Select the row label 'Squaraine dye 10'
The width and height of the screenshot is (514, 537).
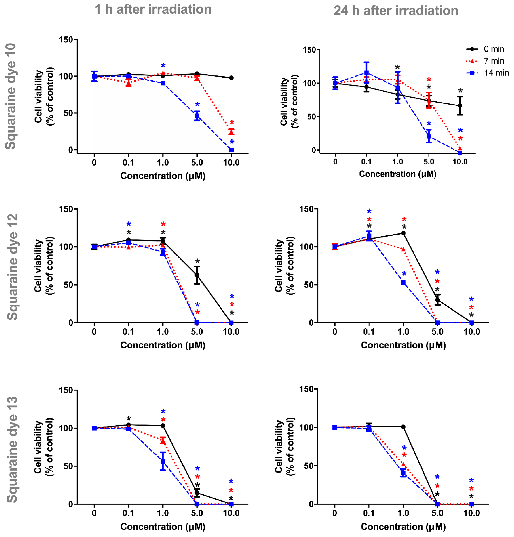[x=11, y=96]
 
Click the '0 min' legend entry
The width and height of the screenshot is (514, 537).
[x=485, y=49]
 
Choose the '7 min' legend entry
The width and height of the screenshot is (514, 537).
[x=485, y=61]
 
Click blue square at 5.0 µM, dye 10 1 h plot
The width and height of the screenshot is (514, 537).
[x=197, y=116]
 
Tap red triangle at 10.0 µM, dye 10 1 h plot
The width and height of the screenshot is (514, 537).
[x=231, y=132]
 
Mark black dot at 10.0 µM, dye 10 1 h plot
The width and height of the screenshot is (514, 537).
[x=231, y=78]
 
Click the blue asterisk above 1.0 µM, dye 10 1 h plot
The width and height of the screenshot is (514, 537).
[x=163, y=66]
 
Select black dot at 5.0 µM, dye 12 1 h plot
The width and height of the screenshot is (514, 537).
[x=197, y=275]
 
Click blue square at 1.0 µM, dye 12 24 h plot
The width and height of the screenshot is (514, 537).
[x=403, y=282]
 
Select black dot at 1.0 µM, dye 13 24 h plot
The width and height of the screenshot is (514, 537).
[x=403, y=427]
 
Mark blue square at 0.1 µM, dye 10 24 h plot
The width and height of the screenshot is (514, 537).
[x=366, y=73]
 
